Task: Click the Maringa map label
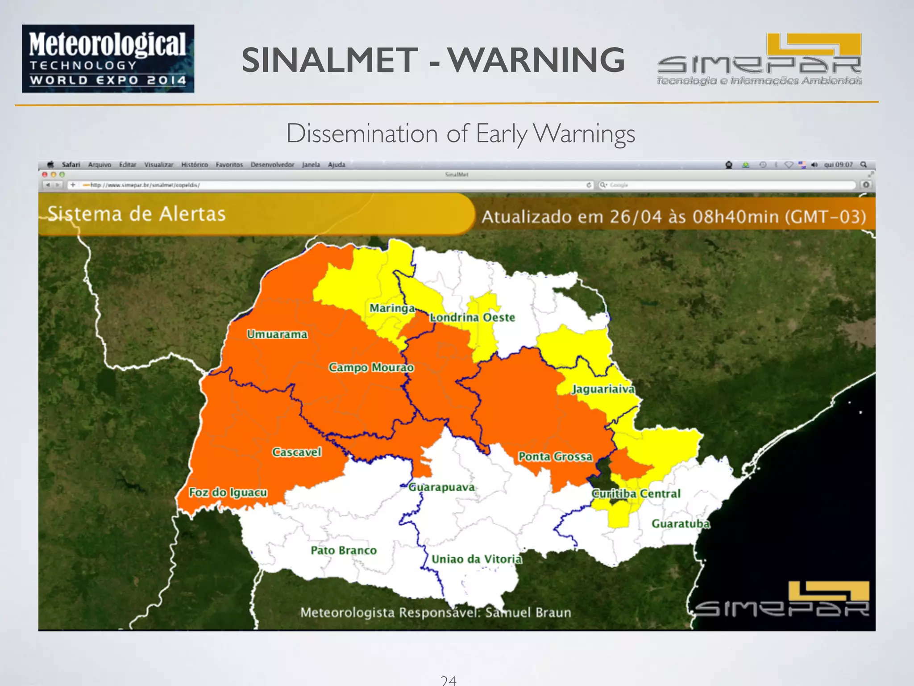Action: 392,308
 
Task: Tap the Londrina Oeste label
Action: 472,318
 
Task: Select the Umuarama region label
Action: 277,334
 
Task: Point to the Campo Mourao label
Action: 371,367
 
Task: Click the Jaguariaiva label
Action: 603,389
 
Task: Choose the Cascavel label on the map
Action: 297,452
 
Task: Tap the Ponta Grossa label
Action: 555,456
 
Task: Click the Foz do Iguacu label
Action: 228,492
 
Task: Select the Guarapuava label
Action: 441,487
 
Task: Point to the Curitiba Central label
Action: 636,494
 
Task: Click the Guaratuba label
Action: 680,523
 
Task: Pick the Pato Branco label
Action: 344,550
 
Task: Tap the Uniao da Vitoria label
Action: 477,559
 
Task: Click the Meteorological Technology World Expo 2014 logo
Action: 108,59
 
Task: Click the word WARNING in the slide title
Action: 536,60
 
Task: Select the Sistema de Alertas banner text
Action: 137,214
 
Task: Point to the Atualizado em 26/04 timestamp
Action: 673,217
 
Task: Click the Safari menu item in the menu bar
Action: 71,165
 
